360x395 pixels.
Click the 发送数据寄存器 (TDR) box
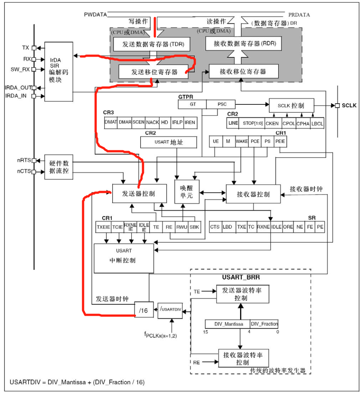pyautogui.click(x=152, y=44)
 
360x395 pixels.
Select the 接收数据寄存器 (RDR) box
pyautogui.click(x=243, y=43)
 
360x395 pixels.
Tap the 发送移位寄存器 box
pyautogui.click(x=153, y=72)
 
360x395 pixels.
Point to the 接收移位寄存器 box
pyautogui.click(x=244, y=71)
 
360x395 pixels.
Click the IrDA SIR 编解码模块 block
pyautogui.click(x=59, y=71)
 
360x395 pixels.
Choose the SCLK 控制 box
pyautogui.click(x=292, y=105)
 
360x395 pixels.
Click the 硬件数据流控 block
pyautogui.click(x=59, y=167)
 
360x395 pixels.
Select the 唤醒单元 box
pyautogui.click(x=187, y=191)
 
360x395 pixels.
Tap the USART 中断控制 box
pyautogui.click(x=124, y=258)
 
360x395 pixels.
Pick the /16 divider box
pyautogui.click(x=144, y=309)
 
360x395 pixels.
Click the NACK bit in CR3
pyautogui.click(x=152, y=123)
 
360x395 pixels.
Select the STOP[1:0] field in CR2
pyautogui.click(x=252, y=123)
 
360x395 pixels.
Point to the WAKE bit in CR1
pyautogui.click(x=242, y=141)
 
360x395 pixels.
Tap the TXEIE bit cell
pyautogui.click(x=104, y=227)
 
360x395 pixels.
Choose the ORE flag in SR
pyautogui.click(x=288, y=227)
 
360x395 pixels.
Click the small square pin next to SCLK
pyautogui.click(x=337, y=105)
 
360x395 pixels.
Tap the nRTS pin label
pyautogui.click(x=24, y=160)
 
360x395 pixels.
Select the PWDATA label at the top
pyautogui.click(x=95, y=14)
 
